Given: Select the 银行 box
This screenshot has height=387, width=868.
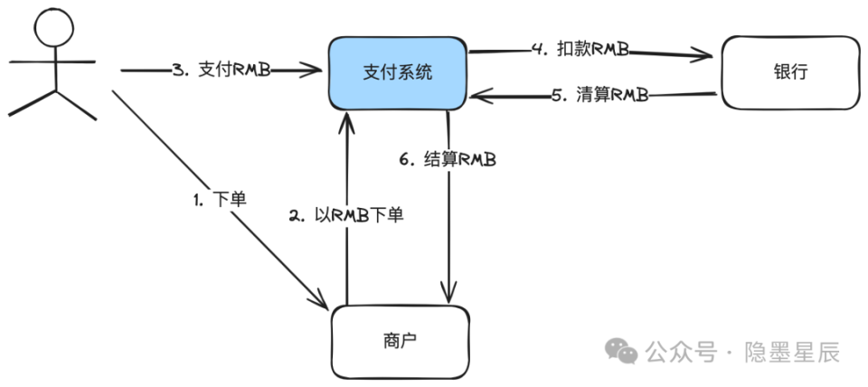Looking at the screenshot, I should point(786,72).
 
